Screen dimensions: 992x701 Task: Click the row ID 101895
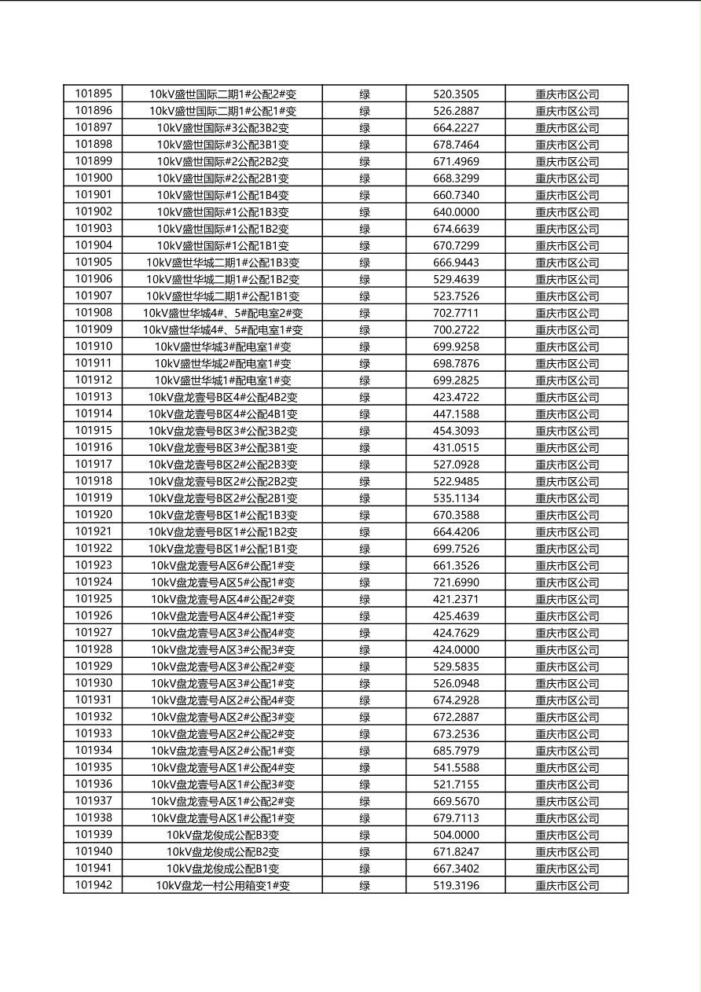click(x=94, y=94)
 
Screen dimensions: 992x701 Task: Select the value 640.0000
click(x=456, y=212)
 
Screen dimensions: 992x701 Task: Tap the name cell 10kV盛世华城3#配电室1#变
click(x=222, y=347)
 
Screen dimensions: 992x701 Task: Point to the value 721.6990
click(x=456, y=582)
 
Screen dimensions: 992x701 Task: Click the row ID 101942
click(x=94, y=886)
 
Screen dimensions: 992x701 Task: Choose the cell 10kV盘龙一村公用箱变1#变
click(x=222, y=886)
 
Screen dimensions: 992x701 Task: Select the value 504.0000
click(x=456, y=836)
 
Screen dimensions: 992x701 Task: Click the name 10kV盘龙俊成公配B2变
click(x=222, y=852)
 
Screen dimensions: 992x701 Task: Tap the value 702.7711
click(x=456, y=313)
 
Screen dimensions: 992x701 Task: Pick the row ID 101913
click(x=94, y=397)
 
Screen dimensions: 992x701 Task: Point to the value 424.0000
click(x=456, y=650)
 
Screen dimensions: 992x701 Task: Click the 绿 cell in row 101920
click(x=365, y=516)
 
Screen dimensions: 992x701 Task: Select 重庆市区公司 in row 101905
click(x=567, y=263)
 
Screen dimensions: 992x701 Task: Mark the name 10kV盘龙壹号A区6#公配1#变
click(x=222, y=566)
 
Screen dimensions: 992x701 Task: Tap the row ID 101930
click(x=94, y=684)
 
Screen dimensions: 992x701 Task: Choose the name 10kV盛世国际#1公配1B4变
click(x=222, y=195)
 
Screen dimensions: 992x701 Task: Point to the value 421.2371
click(x=456, y=600)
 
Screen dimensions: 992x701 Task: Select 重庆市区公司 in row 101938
click(x=567, y=818)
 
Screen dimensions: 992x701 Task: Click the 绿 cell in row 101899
click(x=365, y=161)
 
